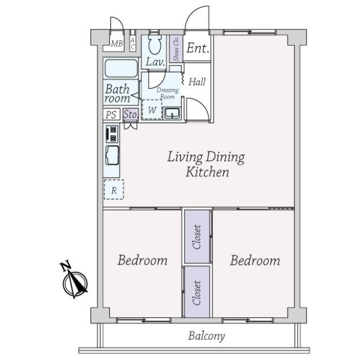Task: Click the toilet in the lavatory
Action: click(155, 44)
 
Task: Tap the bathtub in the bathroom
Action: click(121, 68)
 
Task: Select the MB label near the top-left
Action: click(117, 44)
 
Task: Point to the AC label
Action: click(133, 44)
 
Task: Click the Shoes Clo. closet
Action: click(176, 49)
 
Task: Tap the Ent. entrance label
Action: click(197, 48)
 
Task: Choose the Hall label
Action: click(197, 82)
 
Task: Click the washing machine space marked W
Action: click(152, 110)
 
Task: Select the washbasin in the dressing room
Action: click(172, 113)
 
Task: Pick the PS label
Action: click(112, 115)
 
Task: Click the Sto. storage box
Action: click(131, 114)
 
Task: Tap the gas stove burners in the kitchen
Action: click(112, 134)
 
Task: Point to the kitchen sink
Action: click(112, 155)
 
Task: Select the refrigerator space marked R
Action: click(114, 190)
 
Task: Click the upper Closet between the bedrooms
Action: click(197, 237)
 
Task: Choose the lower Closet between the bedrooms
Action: click(197, 292)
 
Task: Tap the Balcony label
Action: click(206, 336)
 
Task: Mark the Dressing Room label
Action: click(167, 93)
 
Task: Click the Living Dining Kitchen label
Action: click(206, 164)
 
